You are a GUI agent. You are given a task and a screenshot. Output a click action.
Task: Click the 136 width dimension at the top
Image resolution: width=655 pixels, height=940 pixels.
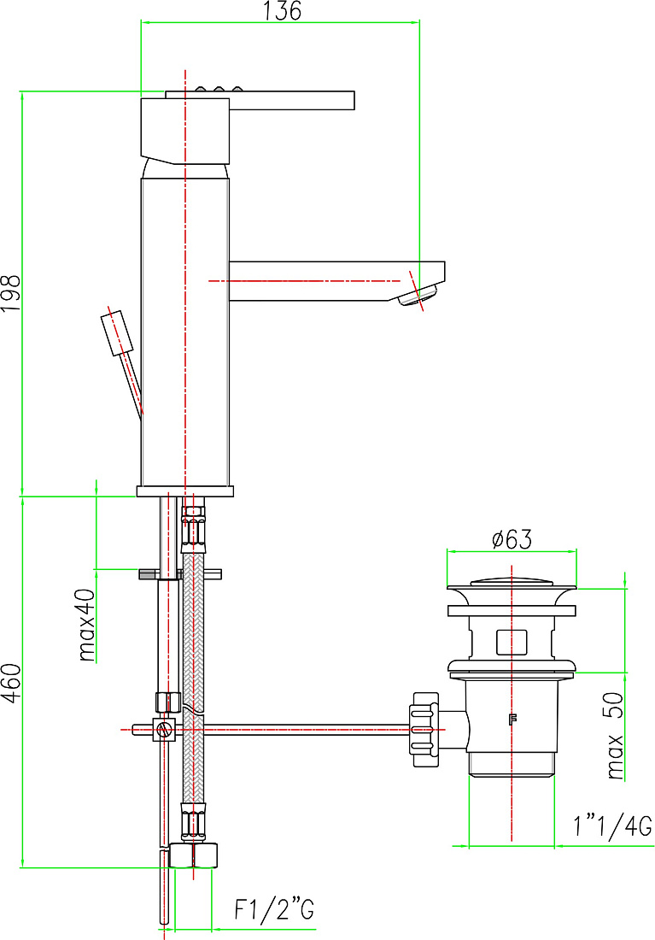[x=282, y=11]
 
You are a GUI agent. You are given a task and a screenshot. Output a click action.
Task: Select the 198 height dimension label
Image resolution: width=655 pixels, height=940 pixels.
[x=11, y=292]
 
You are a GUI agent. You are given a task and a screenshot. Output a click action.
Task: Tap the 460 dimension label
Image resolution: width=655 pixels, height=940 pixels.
[x=11, y=682]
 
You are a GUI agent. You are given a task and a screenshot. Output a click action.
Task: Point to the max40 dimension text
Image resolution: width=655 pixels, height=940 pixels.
[x=86, y=625]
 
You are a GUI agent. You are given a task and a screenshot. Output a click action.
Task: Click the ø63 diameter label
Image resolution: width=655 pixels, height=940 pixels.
[x=512, y=539]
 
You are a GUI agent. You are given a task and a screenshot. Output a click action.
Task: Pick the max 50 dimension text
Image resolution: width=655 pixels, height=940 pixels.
[x=615, y=736]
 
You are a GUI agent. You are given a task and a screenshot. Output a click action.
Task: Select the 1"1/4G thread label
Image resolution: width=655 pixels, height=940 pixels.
[x=611, y=827]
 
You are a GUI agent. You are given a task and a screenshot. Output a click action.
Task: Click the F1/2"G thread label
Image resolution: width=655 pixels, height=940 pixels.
[x=274, y=909]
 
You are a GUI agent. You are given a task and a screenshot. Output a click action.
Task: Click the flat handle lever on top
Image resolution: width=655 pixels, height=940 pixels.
[x=260, y=100]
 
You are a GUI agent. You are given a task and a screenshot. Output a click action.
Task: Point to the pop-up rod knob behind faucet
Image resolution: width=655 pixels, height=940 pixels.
[x=118, y=333]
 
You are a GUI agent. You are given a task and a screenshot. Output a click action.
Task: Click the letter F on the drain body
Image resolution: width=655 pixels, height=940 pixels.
[x=512, y=720]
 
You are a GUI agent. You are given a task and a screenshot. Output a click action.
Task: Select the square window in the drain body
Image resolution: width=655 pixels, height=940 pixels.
[x=512, y=642]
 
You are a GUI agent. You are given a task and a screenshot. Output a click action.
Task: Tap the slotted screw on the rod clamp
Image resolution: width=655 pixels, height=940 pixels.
[x=164, y=730]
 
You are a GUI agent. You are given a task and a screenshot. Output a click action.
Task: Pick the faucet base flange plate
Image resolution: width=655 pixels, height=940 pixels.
[x=185, y=491]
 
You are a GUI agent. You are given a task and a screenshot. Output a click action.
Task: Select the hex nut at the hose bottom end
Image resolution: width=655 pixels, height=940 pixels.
[x=192, y=856]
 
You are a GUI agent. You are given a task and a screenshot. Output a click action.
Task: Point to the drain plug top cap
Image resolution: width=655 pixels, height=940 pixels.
[x=512, y=581]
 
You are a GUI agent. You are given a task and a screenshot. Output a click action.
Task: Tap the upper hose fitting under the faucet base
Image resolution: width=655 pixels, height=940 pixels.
[x=192, y=526]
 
